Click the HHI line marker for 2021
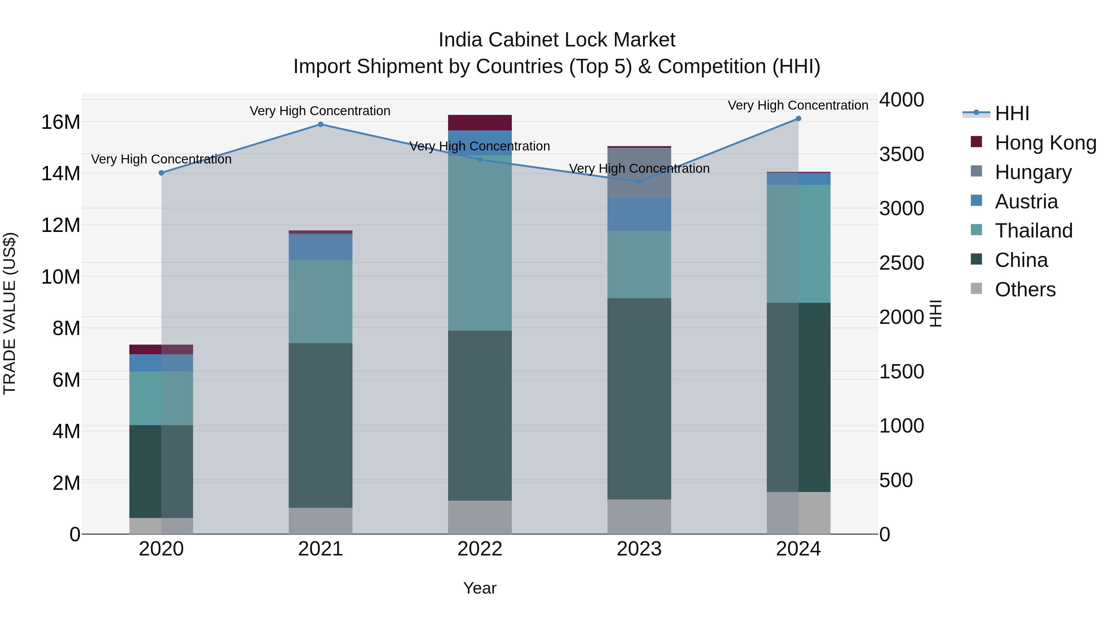pyautogui.click(x=321, y=124)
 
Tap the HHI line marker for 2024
pyautogui.click(x=798, y=119)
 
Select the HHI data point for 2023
pyautogui.click(x=639, y=182)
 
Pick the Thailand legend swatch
pyautogui.click(x=977, y=230)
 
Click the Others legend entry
pyautogui.click(x=1025, y=290)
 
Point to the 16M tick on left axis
pyautogui.click(x=61, y=122)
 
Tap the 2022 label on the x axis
pyautogui.click(x=480, y=549)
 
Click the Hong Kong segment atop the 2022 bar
pyautogui.click(x=480, y=122)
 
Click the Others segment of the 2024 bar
pyautogui.click(x=798, y=513)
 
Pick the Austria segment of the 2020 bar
pyautogui.click(x=161, y=363)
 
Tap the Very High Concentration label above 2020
pyautogui.click(x=161, y=159)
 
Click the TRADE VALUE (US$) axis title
pyautogui.click(x=10, y=313)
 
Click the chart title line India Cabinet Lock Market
pyautogui.click(x=557, y=40)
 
